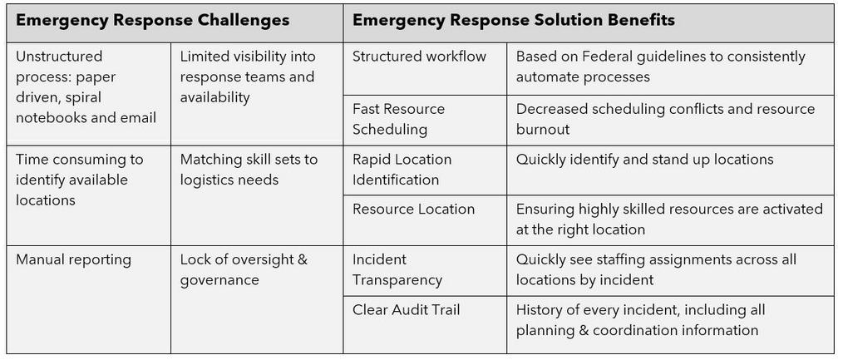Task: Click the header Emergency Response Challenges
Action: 153,21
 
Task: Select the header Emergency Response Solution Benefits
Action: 514,21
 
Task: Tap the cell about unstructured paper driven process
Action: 89,93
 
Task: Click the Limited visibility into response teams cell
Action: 257,93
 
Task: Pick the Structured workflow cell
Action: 425,69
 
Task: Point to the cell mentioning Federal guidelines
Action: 670,69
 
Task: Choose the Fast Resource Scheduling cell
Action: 425,120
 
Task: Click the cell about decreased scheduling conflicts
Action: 670,120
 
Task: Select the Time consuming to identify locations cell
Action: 89,195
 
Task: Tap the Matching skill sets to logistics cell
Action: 257,195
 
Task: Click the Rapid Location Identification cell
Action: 425,170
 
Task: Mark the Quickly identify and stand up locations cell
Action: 670,170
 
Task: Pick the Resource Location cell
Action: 425,220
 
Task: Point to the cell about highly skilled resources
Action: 670,220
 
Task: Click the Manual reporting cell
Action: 89,299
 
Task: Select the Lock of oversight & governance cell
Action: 257,299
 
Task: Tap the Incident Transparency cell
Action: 425,270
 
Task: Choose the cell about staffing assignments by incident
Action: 670,270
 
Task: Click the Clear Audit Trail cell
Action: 425,324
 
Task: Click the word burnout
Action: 543,130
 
